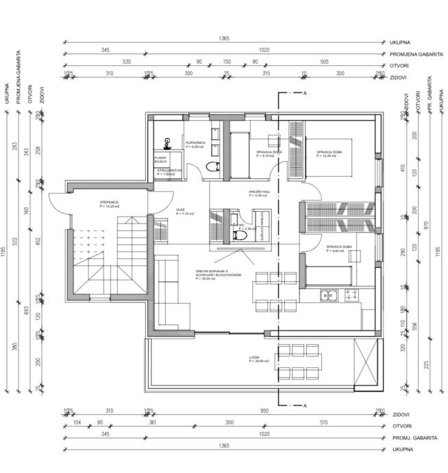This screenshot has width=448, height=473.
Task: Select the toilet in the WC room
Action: [238, 234]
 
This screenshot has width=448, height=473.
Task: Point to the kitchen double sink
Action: [327, 295]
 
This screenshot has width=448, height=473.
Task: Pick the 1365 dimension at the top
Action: [223, 39]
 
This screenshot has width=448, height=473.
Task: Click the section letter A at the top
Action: [304, 93]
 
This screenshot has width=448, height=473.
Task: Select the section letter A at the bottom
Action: [304, 406]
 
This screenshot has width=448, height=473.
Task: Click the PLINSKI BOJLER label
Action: [160, 160]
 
